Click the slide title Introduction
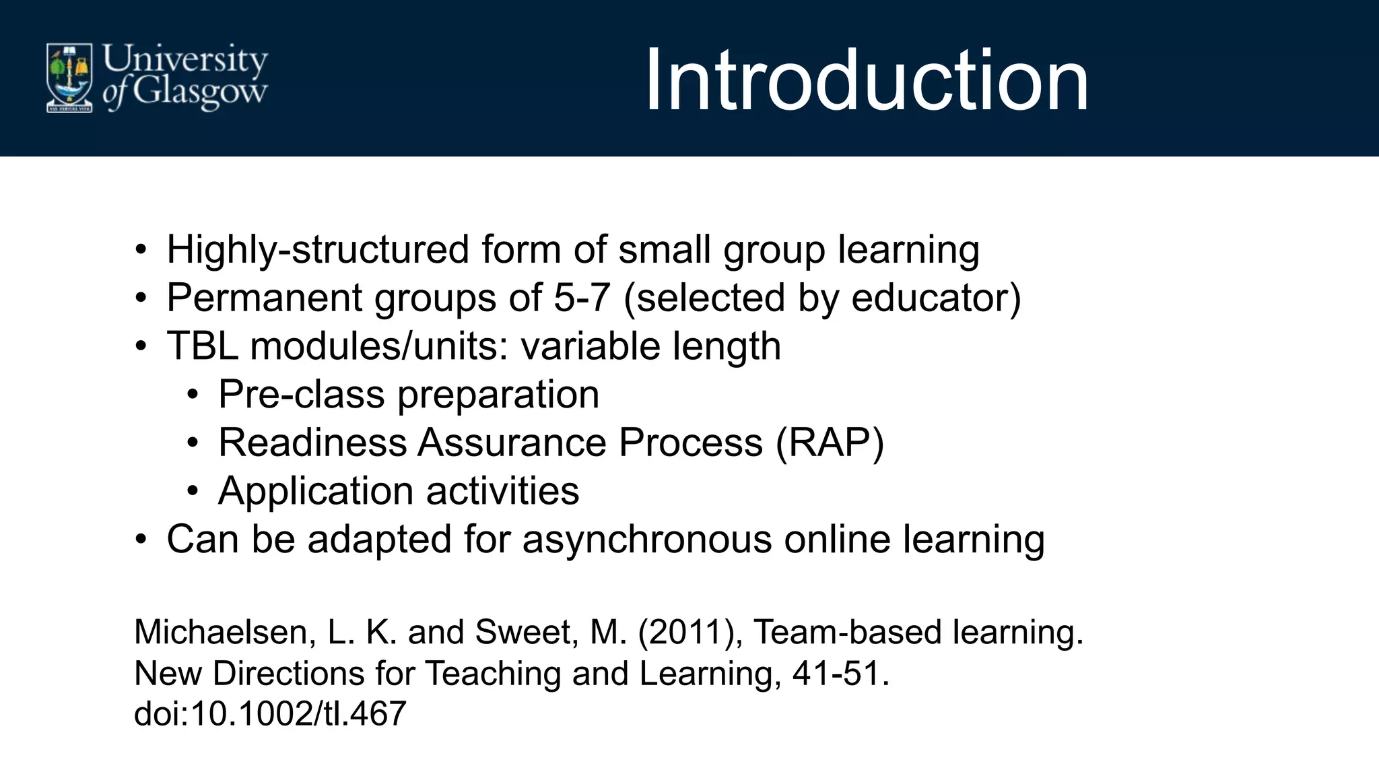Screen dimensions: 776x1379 tap(866, 81)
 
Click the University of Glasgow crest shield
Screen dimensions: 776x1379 tap(69, 77)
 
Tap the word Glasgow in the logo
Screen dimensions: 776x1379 tap(200, 92)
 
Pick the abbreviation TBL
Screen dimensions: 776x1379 tap(202, 346)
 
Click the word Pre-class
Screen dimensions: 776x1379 tap(301, 395)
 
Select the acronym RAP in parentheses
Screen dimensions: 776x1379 tap(830, 443)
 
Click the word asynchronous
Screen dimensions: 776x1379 tap(646, 540)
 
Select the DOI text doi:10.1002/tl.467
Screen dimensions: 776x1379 tap(270, 713)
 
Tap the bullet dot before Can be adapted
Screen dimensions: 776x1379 tap(140, 540)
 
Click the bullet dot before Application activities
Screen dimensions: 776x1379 tap(193, 491)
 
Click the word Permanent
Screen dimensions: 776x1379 tap(265, 298)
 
